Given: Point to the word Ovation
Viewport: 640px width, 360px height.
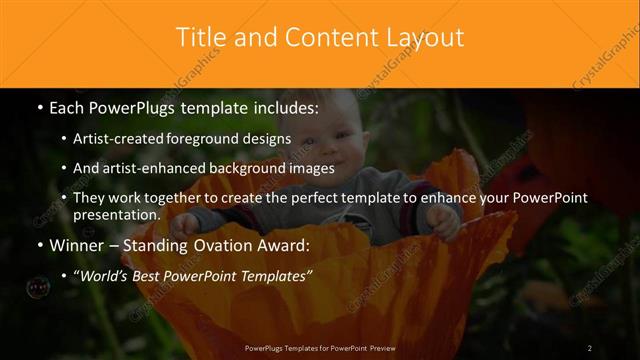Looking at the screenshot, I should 220,245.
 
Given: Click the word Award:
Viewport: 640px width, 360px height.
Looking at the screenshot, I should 282,245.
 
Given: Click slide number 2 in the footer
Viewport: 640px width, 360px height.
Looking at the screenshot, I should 589,347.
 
